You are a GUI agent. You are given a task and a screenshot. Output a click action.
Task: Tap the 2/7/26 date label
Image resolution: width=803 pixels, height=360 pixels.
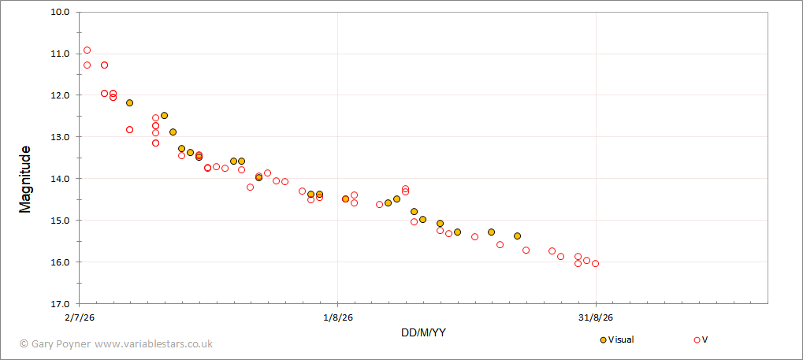coord(80,317)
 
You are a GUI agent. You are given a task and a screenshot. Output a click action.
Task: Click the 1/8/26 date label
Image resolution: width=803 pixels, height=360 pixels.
coord(338,317)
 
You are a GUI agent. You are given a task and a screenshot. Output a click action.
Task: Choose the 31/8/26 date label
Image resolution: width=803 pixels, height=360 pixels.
coord(596,317)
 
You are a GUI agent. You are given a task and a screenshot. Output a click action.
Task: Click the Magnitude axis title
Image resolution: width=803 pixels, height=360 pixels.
coord(25,180)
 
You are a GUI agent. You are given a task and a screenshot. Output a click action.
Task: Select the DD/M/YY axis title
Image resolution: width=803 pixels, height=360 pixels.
coord(423,333)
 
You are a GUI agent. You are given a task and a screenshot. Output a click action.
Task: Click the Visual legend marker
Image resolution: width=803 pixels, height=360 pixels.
coord(604,340)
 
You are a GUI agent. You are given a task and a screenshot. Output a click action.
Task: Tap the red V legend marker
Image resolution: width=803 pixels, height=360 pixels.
coord(697,340)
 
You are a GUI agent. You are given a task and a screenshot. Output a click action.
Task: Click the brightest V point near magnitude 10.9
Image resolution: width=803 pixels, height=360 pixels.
coord(87,50)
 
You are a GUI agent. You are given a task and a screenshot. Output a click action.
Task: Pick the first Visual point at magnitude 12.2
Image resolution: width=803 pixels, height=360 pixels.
coord(129,103)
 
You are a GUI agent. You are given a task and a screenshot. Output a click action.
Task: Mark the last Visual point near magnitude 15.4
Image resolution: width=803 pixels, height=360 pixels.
coord(517,236)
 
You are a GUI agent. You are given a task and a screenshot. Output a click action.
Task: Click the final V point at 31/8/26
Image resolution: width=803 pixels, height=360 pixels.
coord(595,264)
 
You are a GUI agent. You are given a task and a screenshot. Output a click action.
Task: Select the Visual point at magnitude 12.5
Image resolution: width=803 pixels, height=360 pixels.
coord(164,115)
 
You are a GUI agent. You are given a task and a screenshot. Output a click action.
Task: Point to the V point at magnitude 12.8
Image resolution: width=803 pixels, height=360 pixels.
coord(129,129)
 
